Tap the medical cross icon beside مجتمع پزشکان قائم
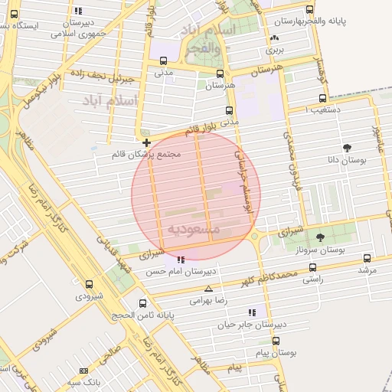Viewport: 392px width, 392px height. coord(146,142)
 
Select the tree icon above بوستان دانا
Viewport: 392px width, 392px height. coord(348,147)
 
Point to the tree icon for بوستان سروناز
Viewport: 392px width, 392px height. coord(320,237)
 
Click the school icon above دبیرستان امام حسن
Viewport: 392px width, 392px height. coord(180,260)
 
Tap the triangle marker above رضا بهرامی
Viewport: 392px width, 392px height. coord(209,289)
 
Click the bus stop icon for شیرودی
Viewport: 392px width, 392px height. coord(89,283)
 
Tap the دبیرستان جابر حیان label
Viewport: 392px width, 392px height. coord(252,325)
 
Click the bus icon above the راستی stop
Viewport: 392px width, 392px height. coord(312,268)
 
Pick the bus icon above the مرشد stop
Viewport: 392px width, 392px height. coord(367,259)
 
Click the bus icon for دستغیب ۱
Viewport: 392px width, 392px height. coord(322,99)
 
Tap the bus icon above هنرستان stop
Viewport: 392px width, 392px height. coord(220,74)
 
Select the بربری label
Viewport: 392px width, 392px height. coord(274,49)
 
